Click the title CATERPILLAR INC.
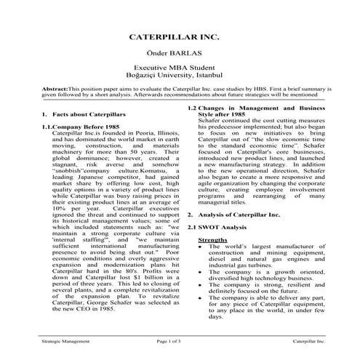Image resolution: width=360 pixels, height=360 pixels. coord(180,35)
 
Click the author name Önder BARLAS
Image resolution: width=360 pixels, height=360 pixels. coord(180,53)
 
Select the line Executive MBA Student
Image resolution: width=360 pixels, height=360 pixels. coord(180,68)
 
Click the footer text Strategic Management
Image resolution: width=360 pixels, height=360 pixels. coord(60,340)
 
